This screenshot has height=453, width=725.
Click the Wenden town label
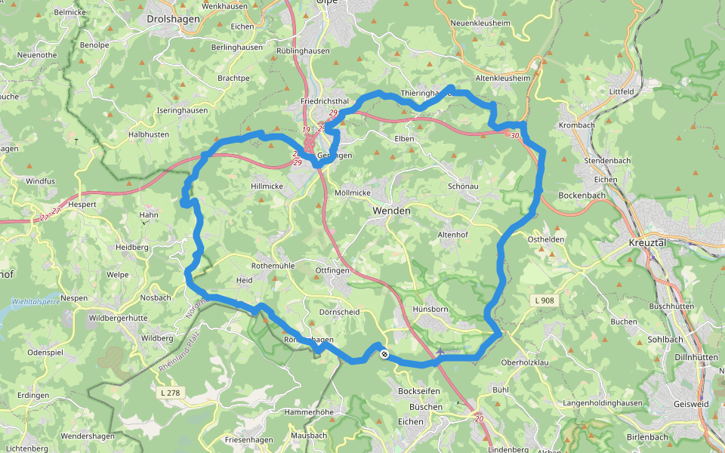392,211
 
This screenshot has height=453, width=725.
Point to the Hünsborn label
431,309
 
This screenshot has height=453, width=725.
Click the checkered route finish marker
384,354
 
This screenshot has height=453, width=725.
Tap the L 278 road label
170,393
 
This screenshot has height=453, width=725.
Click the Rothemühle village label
273,265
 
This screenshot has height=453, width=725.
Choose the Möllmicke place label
353,193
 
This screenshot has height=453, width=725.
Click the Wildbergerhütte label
118,318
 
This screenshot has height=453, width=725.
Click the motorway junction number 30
514,136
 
